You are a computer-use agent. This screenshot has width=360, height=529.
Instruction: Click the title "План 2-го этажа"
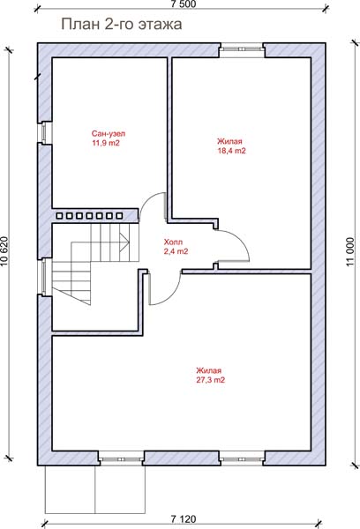point(122,25)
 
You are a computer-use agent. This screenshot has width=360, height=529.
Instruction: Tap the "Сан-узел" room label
point(109,134)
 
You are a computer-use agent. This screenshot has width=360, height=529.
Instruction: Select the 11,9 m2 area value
point(106,143)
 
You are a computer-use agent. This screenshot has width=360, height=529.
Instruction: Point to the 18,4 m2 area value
point(232,151)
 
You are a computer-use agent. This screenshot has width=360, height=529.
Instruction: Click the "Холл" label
point(173,242)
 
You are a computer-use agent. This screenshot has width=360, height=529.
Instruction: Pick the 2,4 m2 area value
point(176,251)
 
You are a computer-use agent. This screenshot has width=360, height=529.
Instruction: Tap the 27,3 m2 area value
point(210,380)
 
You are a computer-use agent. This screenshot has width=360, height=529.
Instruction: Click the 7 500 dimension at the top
point(184,4)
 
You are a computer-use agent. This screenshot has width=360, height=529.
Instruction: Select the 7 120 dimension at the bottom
point(184,519)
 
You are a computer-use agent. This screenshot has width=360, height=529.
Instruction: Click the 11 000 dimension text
point(350,251)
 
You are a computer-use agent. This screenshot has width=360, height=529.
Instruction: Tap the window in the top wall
point(242,49)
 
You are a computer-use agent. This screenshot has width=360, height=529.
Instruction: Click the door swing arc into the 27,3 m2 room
point(169,294)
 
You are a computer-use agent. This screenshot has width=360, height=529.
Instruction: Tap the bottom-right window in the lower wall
point(242,458)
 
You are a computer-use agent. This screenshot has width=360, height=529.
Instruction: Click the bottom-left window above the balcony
point(122,458)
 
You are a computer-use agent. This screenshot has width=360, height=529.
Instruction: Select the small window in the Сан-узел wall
point(44,132)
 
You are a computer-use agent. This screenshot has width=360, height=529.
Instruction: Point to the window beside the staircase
point(44,278)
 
